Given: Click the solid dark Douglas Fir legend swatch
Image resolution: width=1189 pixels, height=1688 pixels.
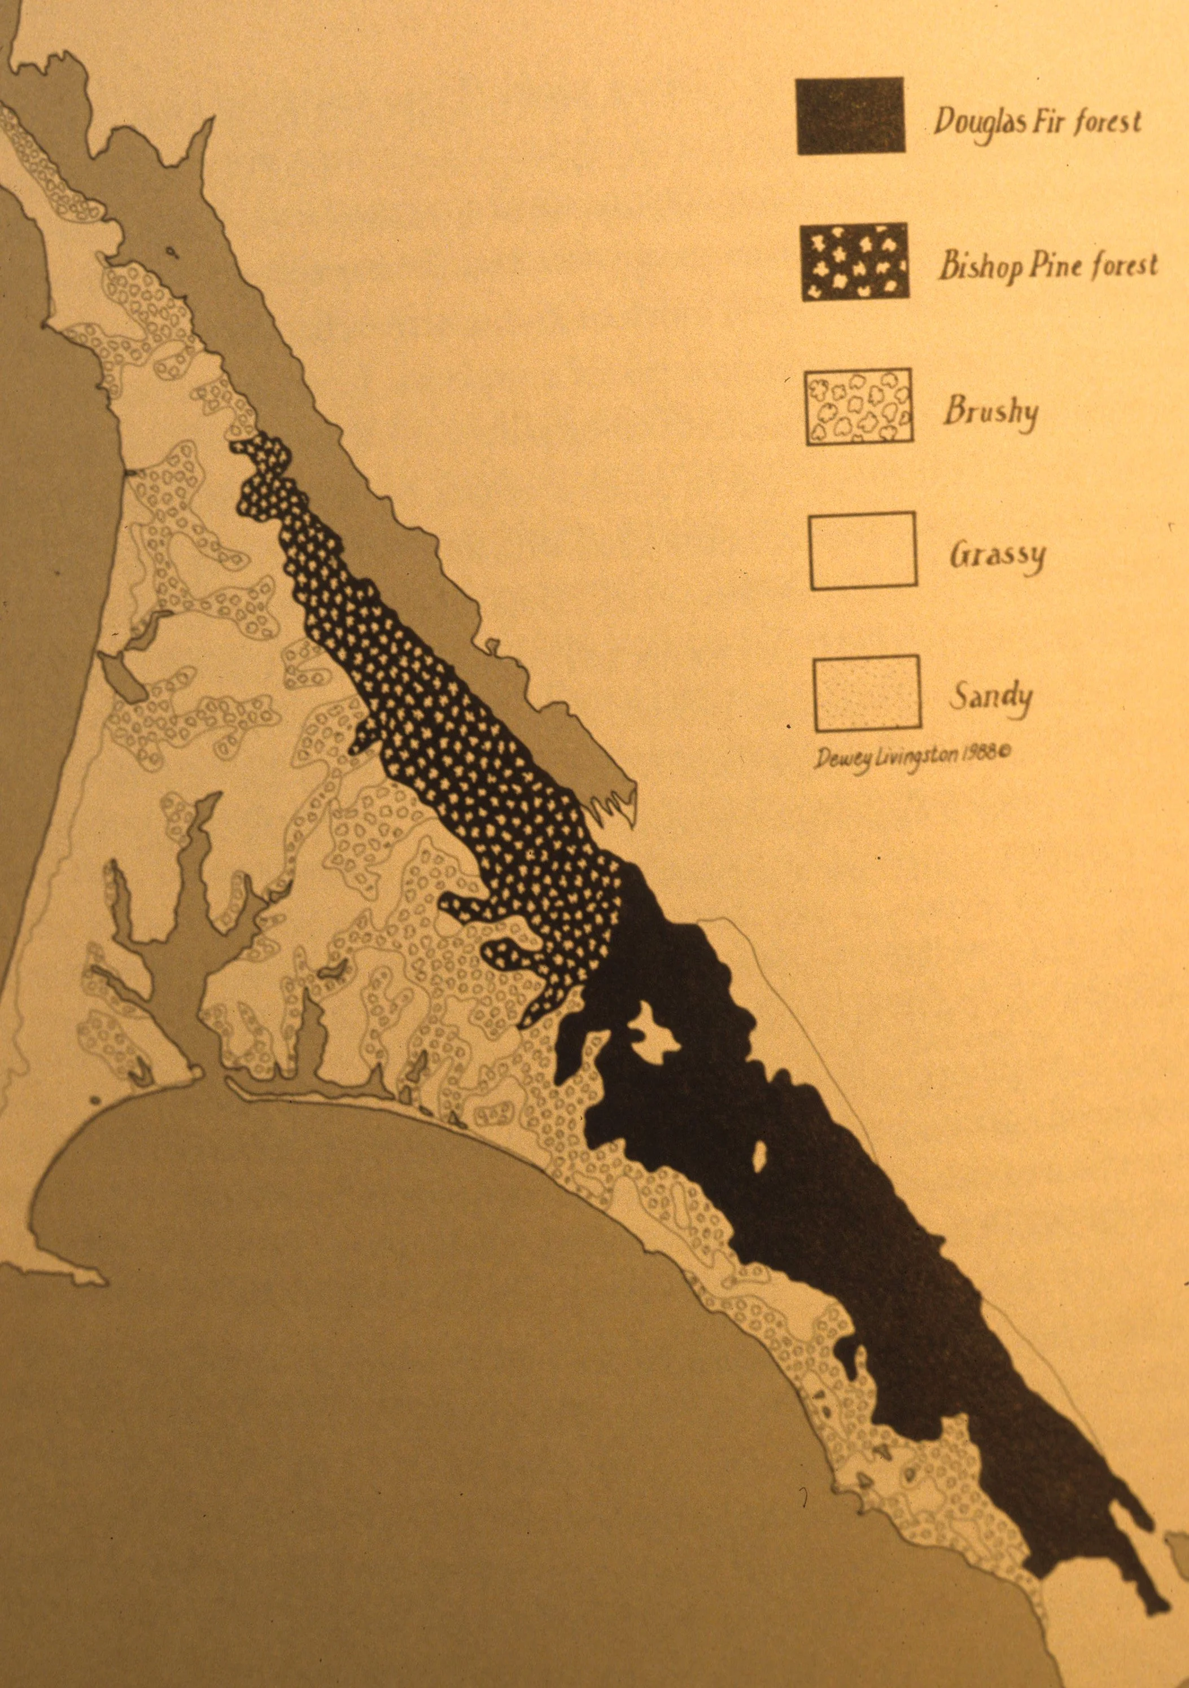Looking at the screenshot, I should click(x=850, y=116).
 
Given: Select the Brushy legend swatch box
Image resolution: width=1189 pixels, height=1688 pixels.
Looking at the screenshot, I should click(x=859, y=406).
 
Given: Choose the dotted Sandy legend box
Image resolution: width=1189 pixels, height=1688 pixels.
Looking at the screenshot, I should click(x=867, y=693).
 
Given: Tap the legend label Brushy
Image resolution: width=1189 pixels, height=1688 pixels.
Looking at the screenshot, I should click(x=990, y=412).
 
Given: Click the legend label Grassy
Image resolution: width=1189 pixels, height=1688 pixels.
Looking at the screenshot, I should click(x=996, y=556).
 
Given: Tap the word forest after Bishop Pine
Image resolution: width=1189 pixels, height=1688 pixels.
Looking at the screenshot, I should click(x=1124, y=265).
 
